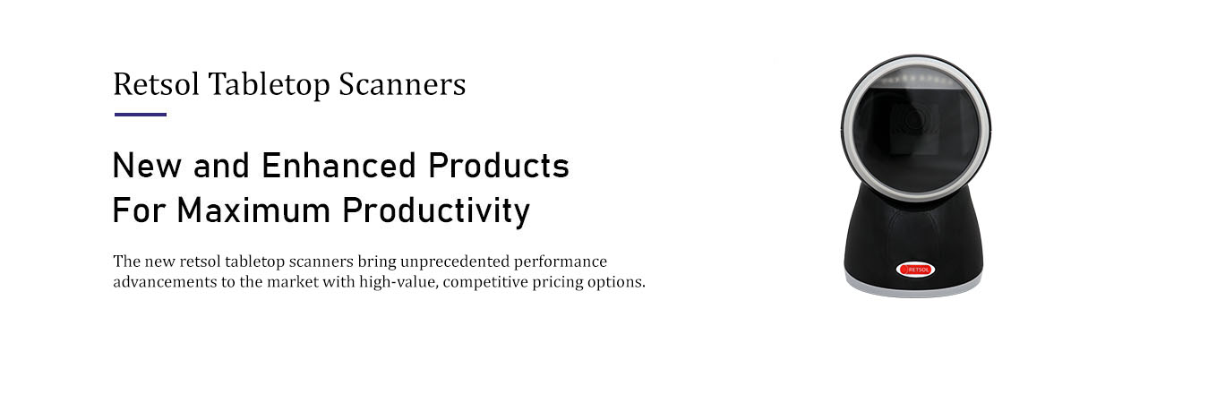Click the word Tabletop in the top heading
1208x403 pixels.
pos(270,85)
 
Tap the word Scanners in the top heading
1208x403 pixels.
pos(402,84)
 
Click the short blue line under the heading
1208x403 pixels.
pos(141,115)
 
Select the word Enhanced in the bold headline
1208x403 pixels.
pos(338,165)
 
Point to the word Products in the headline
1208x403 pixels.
pos(499,165)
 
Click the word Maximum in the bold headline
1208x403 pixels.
pos(253,210)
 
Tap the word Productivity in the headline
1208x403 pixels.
pos(436,211)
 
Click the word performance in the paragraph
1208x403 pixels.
pos(560,262)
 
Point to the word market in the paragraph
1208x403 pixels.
pos(293,281)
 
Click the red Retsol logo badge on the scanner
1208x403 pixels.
pos(915,270)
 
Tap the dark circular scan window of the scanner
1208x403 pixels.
pos(916,133)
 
